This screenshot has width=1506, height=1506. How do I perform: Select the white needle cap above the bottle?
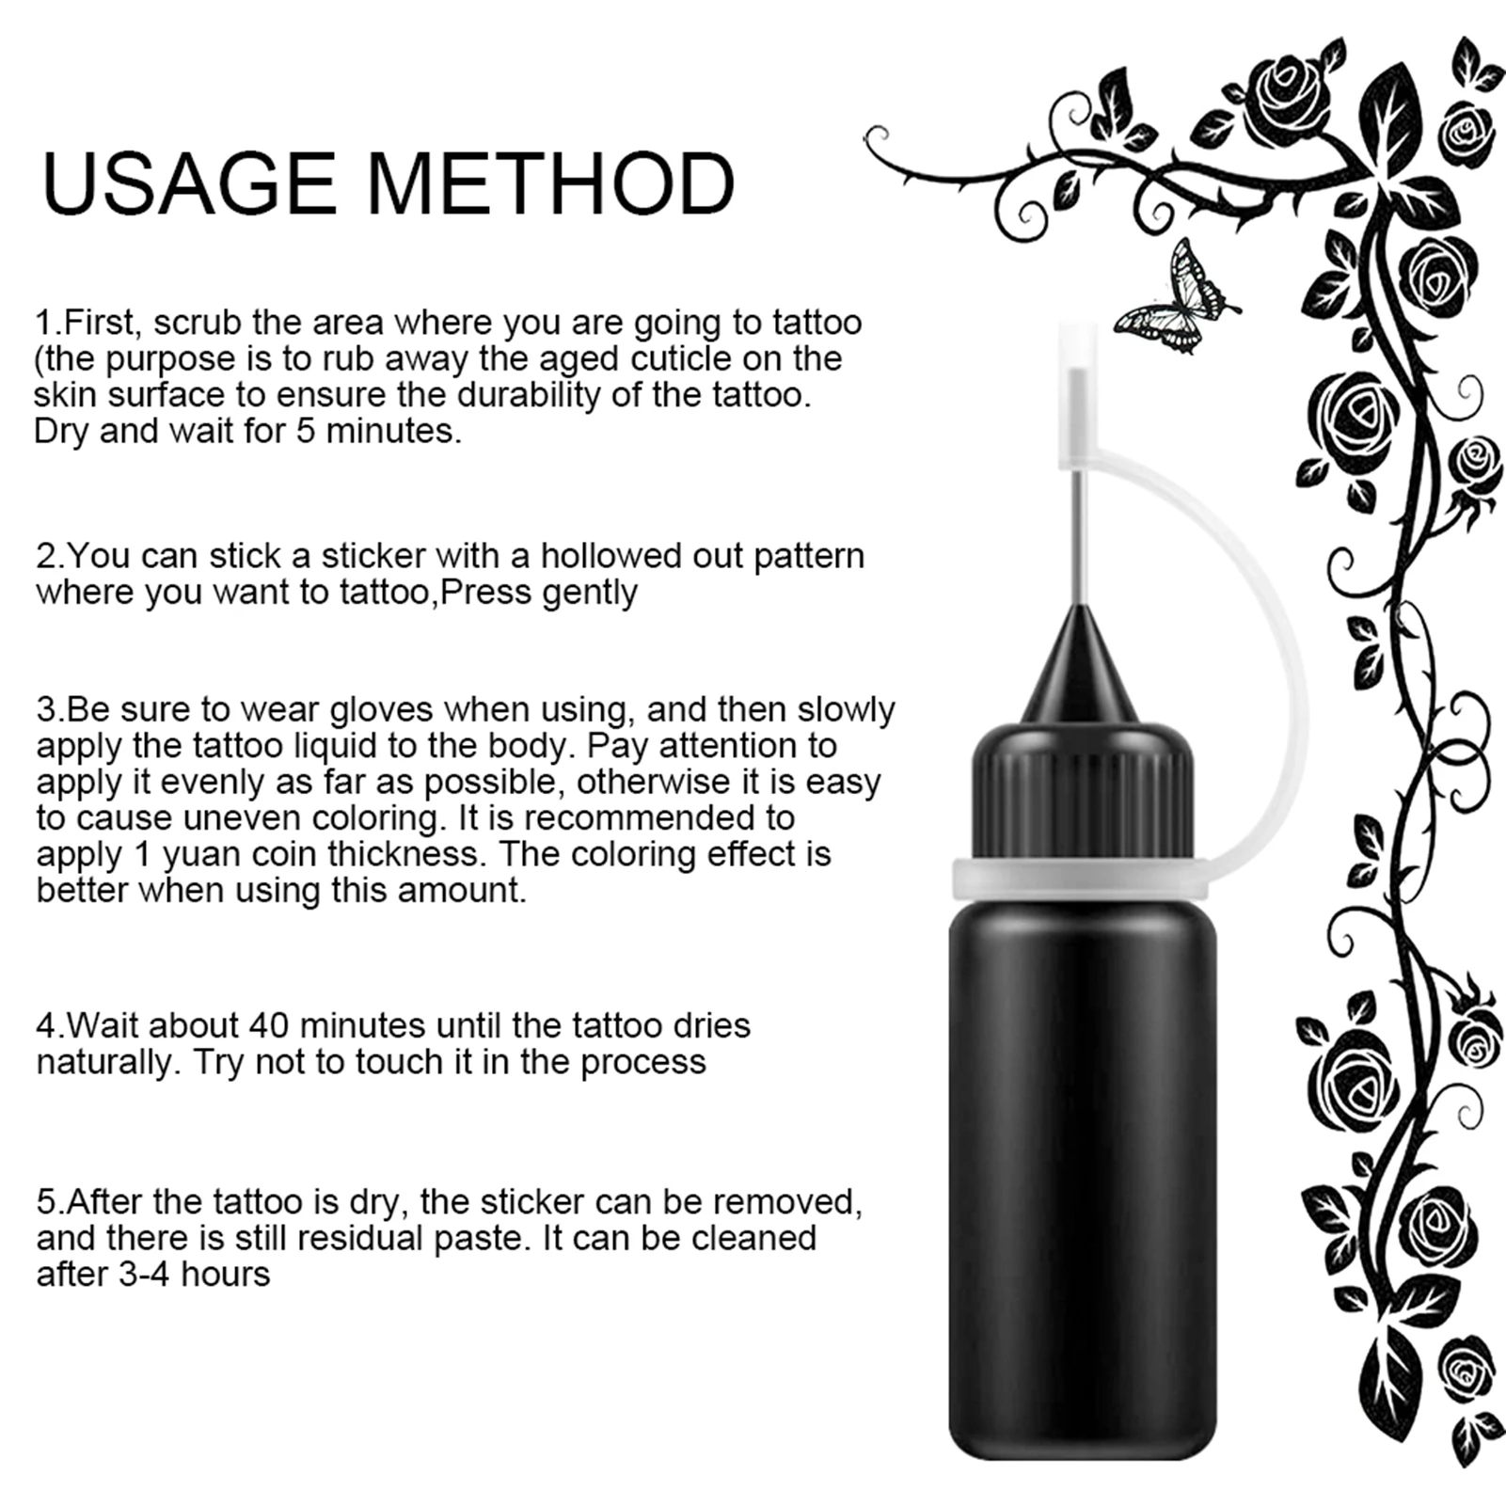click(x=1078, y=395)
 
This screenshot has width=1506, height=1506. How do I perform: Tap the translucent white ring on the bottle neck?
click(x=1082, y=880)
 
